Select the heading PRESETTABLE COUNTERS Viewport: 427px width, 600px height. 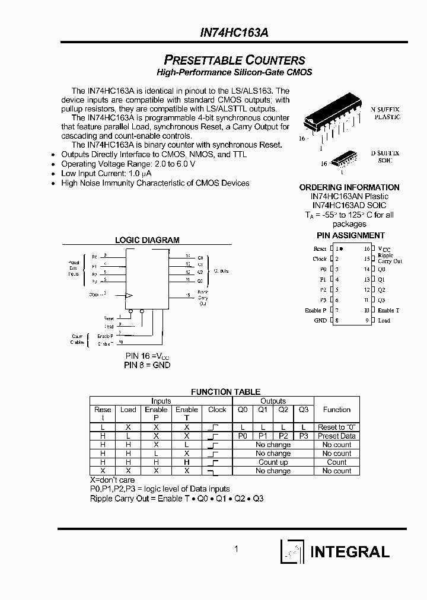234,60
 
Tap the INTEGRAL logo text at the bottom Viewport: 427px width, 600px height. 350,551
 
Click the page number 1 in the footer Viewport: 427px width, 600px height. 236,549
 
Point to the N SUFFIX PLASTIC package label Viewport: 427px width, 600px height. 385,113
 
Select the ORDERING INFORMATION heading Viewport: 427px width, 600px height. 349,187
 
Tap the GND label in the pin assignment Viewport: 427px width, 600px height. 321,320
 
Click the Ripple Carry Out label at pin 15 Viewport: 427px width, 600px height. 390,258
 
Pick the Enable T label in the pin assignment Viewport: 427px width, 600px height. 388,310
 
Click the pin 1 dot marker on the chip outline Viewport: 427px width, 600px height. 341,249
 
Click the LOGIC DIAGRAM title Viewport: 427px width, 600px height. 147,240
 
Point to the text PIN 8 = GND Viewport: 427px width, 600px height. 147,365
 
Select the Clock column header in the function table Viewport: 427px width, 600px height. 217,410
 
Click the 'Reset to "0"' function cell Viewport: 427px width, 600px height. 336,427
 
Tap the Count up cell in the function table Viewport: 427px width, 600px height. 273,462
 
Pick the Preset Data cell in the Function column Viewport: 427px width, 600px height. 336,436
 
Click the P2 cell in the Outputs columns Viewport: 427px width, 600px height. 283,436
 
